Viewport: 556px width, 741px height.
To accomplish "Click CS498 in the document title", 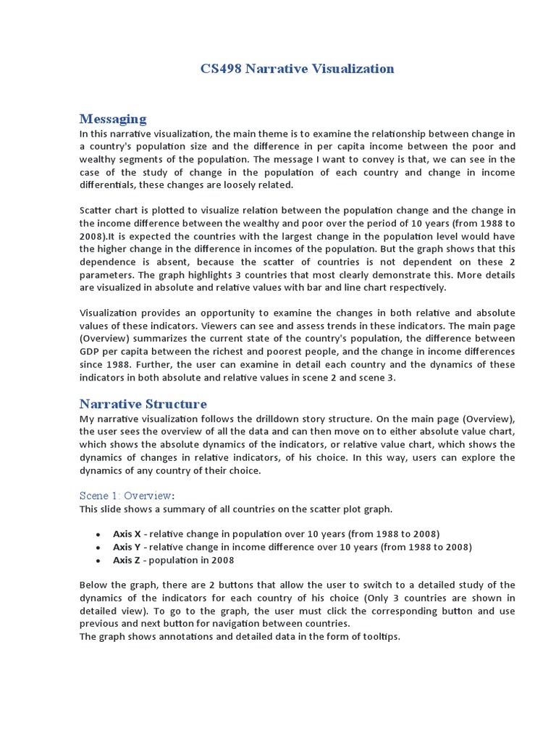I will click(221, 69).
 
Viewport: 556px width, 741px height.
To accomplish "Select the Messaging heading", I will click(112, 119).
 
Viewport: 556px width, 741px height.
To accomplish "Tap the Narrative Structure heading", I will click(143, 404).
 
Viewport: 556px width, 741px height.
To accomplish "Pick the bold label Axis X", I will click(127, 534).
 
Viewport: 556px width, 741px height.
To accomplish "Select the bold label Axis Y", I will click(127, 547).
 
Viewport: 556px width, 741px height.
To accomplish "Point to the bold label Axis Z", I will click(127, 560).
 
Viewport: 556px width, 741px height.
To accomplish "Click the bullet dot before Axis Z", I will click(98, 561).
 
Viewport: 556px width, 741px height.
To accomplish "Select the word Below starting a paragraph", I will click(93, 585).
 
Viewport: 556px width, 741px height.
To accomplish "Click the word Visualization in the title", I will click(350, 69).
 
